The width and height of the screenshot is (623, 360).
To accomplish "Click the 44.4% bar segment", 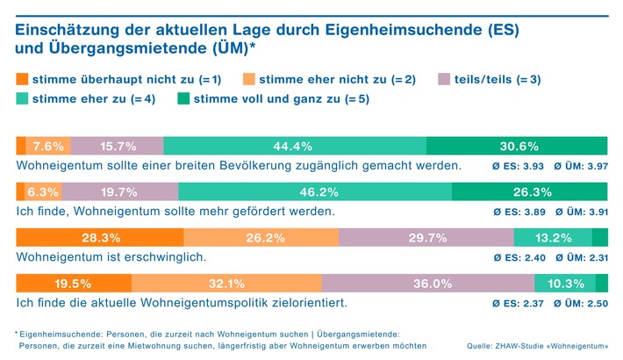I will click(x=294, y=146).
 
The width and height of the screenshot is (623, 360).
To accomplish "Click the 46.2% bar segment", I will click(x=315, y=192).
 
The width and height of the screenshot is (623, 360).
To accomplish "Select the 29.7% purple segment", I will click(x=426, y=237).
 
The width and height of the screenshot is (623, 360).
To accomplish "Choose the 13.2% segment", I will click(x=553, y=237).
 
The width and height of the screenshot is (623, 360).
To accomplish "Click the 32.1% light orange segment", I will click(x=226, y=283).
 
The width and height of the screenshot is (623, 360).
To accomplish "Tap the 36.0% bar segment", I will click(x=428, y=283).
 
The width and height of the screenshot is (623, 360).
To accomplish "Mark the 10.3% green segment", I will click(x=565, y=283).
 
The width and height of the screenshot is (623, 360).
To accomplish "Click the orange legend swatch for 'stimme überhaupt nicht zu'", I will click(x=22, y=79).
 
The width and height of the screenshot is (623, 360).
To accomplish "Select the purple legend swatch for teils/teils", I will click(x=445, y=79).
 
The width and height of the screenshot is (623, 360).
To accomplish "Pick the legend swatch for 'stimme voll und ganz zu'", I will click(x=183, y=99).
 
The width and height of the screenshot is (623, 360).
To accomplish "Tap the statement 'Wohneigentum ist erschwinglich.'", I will click(x=112, y=257).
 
